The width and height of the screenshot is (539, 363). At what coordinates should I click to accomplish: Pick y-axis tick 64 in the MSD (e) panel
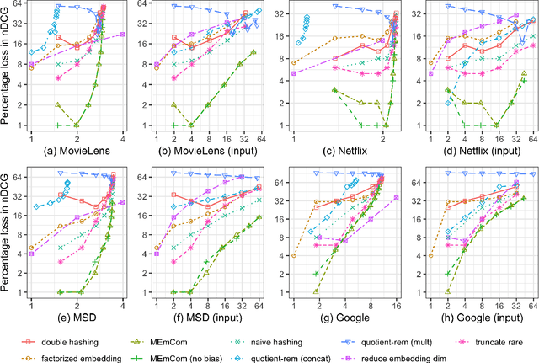click(x=17, y=173)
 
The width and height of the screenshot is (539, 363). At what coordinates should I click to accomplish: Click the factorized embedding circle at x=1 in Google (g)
click(x=294, y=255)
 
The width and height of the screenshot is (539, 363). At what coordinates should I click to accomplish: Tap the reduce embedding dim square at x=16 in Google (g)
click(x=396, y=198)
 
